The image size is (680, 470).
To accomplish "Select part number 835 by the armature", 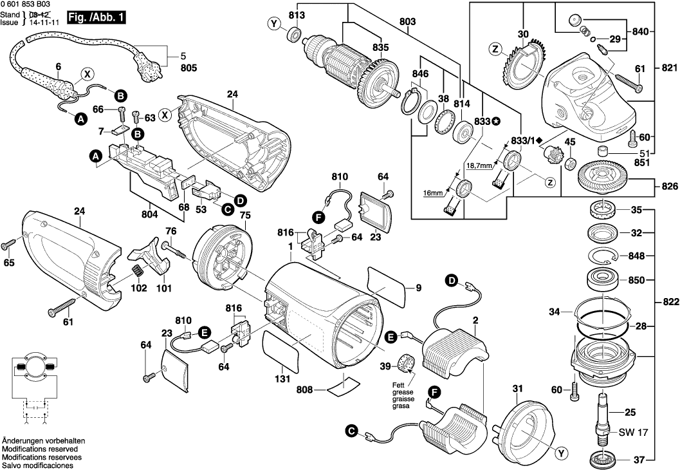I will (x=380, y=47).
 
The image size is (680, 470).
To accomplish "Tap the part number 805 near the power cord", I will (x=170, y=68).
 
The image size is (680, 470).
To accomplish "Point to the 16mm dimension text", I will (x=432, y=193).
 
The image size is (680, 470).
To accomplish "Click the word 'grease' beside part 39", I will (x=403, y=391).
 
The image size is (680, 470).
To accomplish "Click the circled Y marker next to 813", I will (x=275, y=24).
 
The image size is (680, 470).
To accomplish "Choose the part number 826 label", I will (x=669, y=187).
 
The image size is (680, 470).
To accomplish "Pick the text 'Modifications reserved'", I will (x=40, y=449).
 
